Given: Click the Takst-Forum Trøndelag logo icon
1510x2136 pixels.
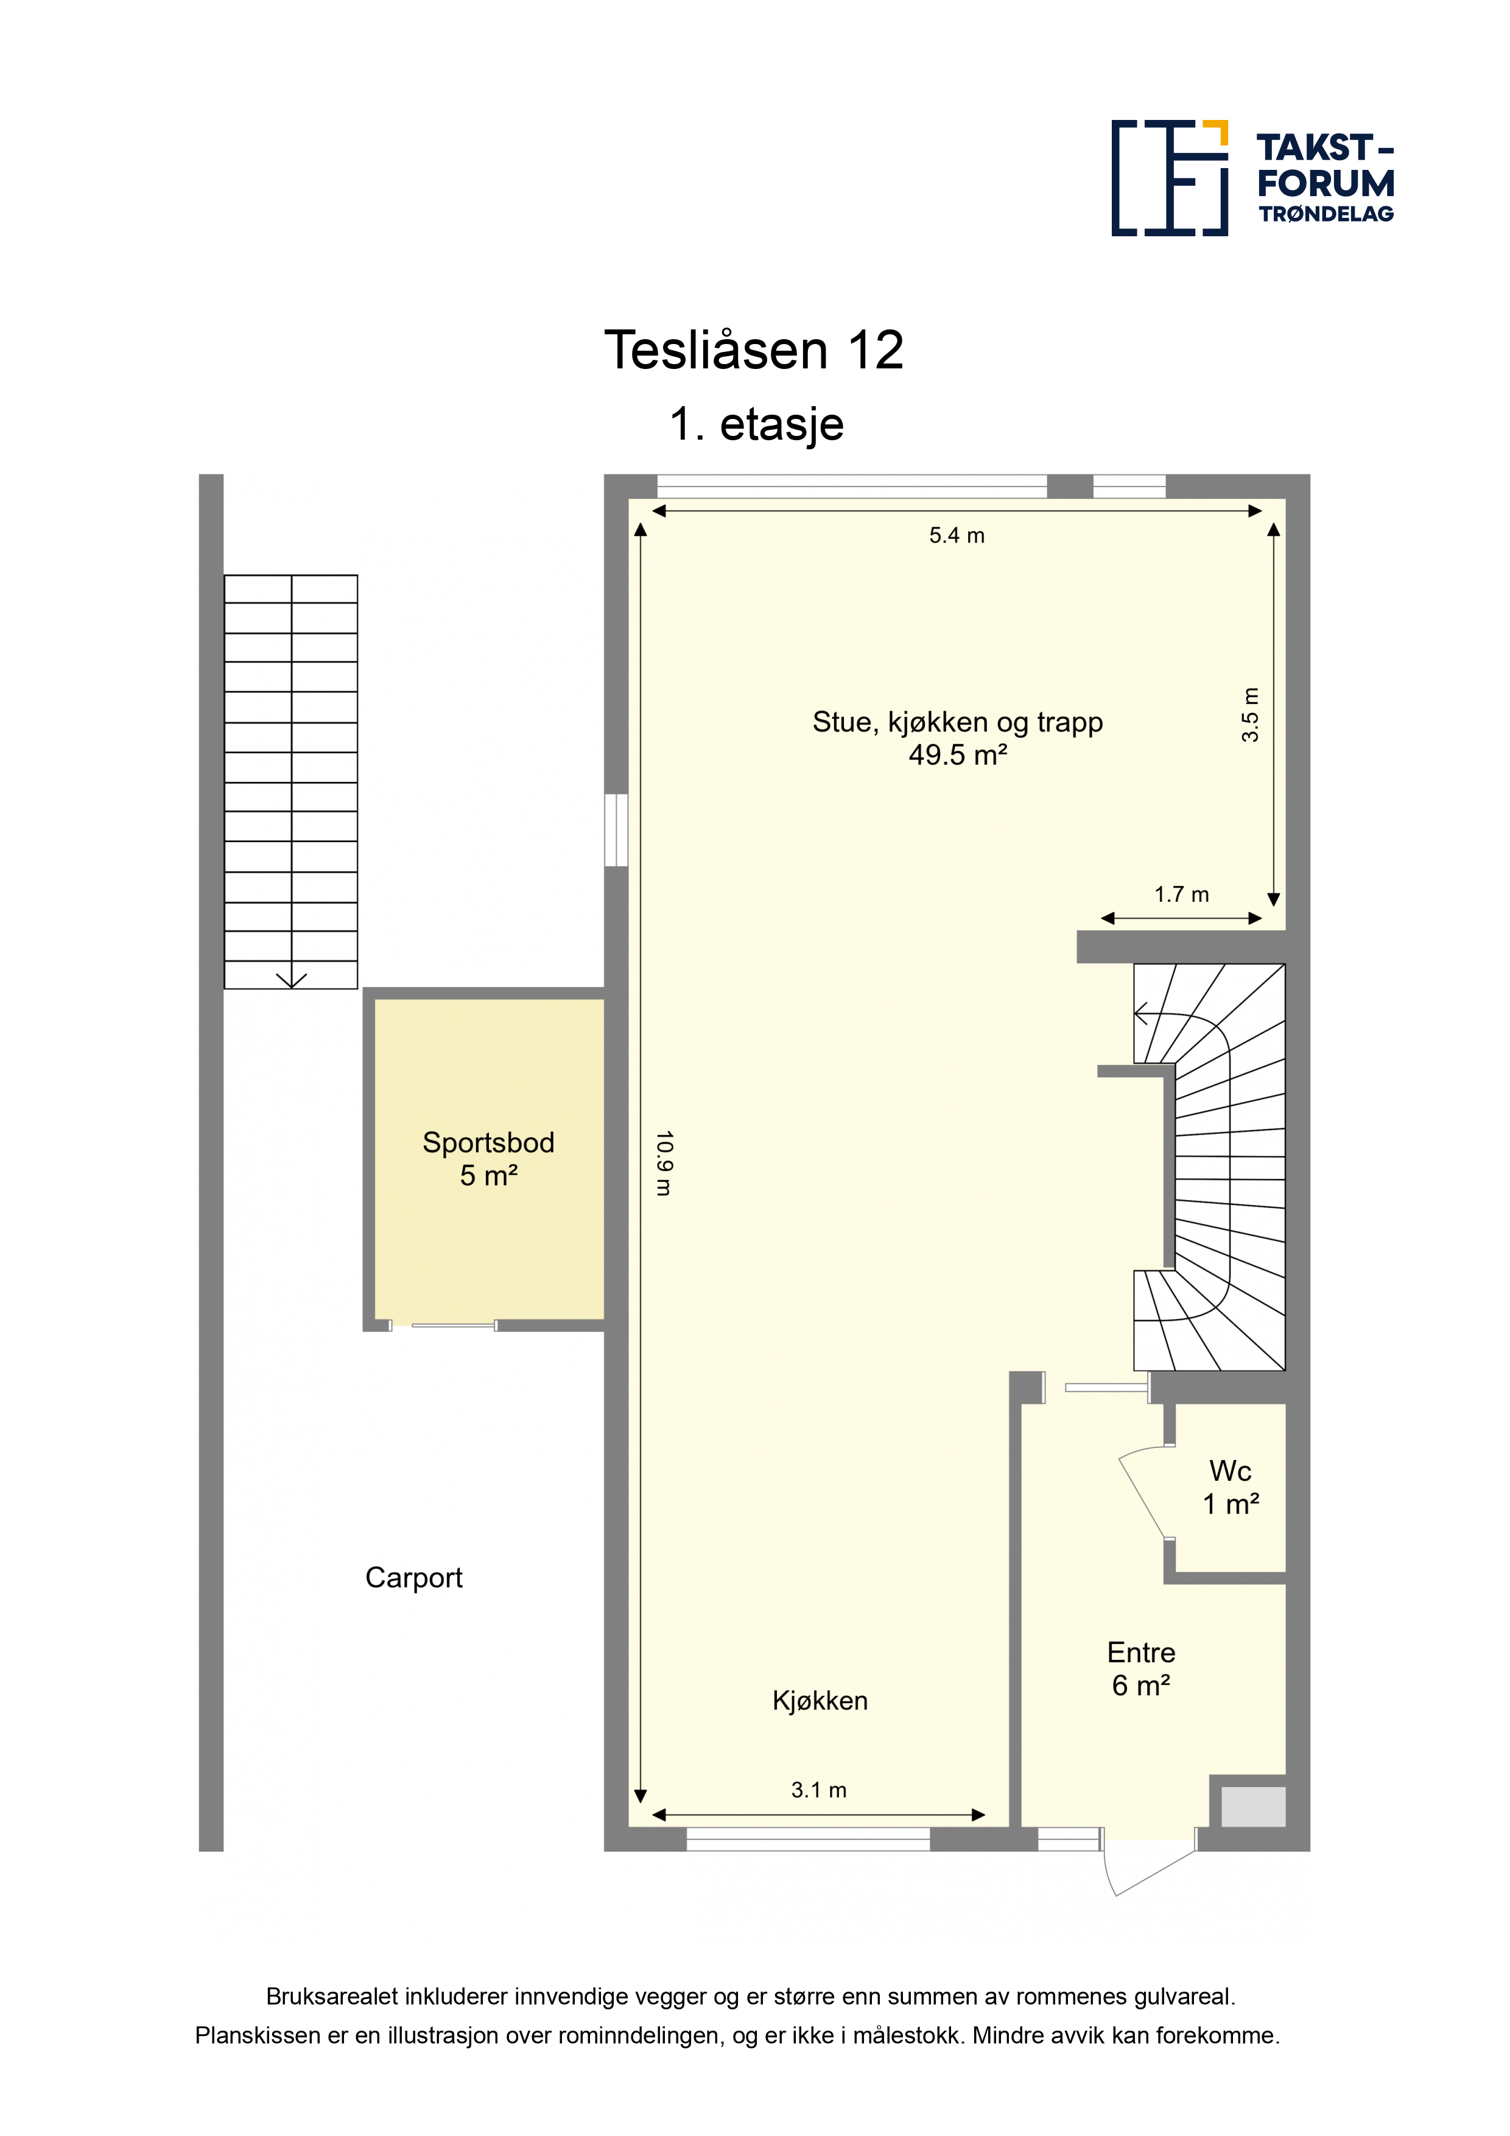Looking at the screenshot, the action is pyautogui.click(x=1170, y=178).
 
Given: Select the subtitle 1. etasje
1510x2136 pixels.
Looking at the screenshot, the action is pyautogui.click(x=756, y=424).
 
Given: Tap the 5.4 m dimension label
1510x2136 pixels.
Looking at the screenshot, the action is pyautogui.click(x=957, y=535).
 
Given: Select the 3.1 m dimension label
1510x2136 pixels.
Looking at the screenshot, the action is pyautogui.click(x=819, y=1790).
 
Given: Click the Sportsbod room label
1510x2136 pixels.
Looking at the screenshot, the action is pyautogui.click(x=488, y=1142).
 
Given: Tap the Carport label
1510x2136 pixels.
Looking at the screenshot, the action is pyautogui.click(x=414, y=1577).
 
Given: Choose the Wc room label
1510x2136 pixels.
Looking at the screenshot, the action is pyautogui.click(x=1230, y=1471).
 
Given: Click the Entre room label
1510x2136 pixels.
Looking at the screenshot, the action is pyautogui.click(x=1142, y=1653).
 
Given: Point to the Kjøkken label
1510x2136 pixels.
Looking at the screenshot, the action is pyautogui.click(x=820, y=1701).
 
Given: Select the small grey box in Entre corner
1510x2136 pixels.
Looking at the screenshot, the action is pyautogui.click(x=1253, y=1808).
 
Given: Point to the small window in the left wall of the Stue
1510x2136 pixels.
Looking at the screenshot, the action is pyautogui.click(x=616, y=830).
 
